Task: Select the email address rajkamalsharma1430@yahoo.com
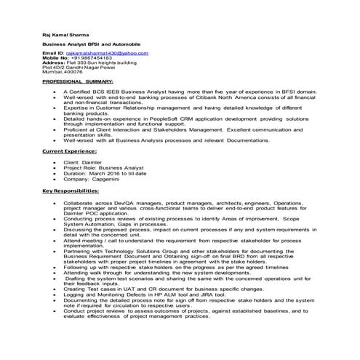(101, 53)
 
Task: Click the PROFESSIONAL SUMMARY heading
(78, 82)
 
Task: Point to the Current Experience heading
(69, 151)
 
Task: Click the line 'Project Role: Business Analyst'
(101, 167)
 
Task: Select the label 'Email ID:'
(53, 53)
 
